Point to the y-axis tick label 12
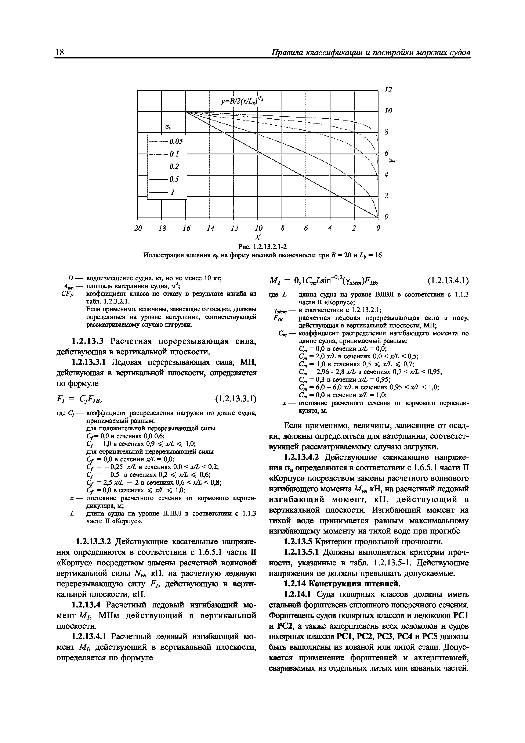tap(388, 90)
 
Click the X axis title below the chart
tap(258, 237)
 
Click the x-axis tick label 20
tap(138, 228)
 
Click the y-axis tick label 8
tap(386, 132)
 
